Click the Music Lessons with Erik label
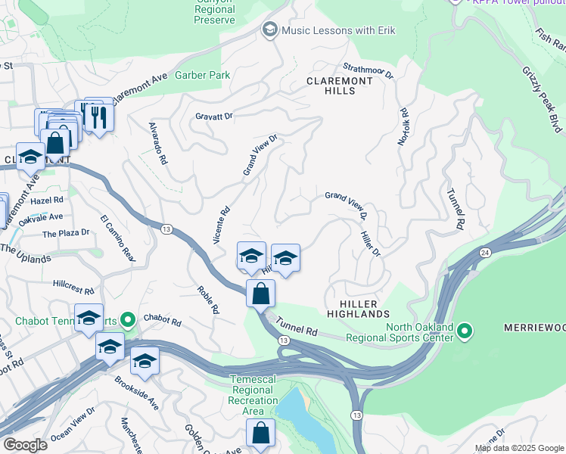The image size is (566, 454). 338,30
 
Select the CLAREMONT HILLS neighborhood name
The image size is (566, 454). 340,86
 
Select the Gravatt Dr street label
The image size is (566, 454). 214,117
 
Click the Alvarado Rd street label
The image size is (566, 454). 157,143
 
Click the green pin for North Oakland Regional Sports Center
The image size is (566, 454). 465,331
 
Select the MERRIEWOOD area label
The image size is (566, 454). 534,328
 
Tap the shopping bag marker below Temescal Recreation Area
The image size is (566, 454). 260,434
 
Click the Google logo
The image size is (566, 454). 26,444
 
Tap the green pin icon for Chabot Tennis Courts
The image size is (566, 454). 127,320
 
